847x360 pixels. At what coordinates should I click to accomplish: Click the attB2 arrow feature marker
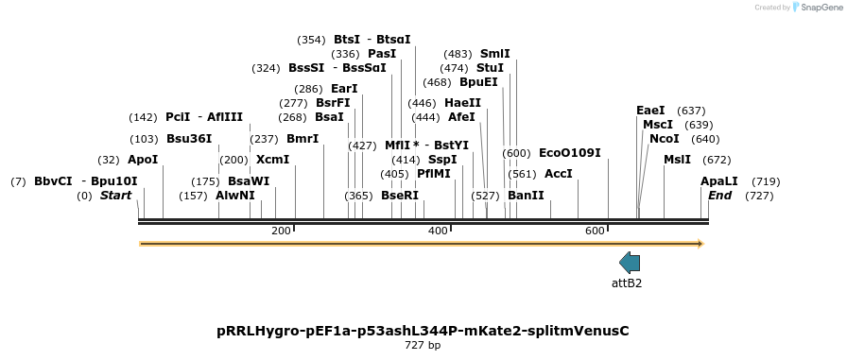[630, 263]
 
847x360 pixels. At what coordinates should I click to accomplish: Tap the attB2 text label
[627, 283]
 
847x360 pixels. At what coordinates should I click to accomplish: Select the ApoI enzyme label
[143, 160]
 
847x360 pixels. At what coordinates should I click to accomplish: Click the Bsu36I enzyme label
[189, 138]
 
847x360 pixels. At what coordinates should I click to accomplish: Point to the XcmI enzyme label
[272, 160]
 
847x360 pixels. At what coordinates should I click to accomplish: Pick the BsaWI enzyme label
[249, 181]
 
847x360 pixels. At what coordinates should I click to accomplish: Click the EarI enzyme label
[344, 89]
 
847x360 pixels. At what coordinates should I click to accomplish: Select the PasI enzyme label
[382, 54]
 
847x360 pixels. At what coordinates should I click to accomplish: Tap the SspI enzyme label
[442, 160]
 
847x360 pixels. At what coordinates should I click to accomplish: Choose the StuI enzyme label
[490, 68]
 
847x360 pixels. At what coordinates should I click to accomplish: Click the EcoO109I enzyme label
[569, 152]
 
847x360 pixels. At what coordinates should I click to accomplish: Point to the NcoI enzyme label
[664, 139]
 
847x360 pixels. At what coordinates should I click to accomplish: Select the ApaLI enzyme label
[718, 181]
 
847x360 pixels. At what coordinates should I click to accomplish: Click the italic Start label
[115, 196]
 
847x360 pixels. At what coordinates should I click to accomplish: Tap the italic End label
[719, 196]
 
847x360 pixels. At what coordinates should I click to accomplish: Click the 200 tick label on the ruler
[281, 231]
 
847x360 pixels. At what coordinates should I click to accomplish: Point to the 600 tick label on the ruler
[595, 231]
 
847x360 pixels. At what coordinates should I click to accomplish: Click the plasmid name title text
[423, 331]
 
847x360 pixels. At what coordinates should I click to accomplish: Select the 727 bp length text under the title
[423, 346]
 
